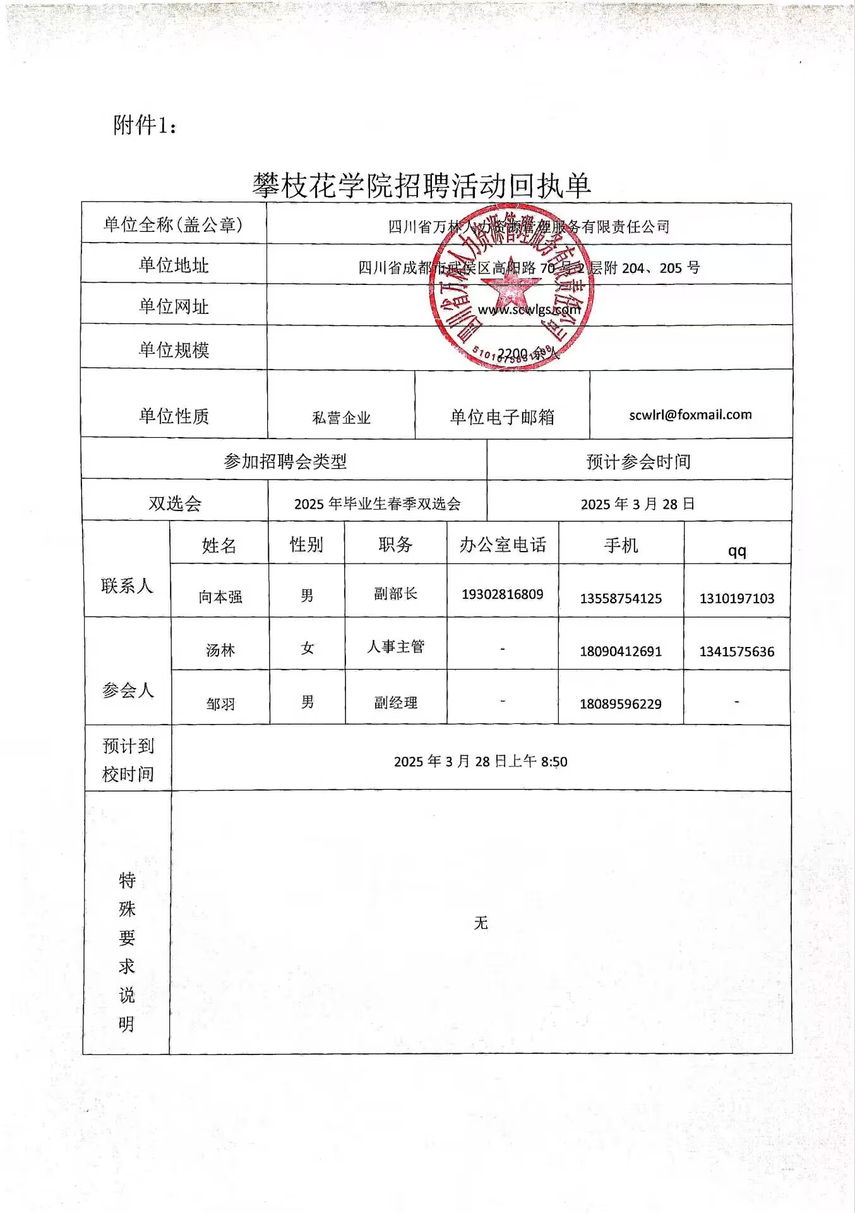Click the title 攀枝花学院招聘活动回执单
click(x=422, y=186)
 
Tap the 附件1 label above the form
click(x=145, y=125)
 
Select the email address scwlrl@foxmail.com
click(x=690, y=414)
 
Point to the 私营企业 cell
click(x=341, y=418)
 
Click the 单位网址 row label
click(x=174, y=306)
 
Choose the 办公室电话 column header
click(x=503, y=545)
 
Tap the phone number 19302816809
click(x=502, y=594)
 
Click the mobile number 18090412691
click(x=621, y=651)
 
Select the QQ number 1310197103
click(x=736, y=598)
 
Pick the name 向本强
click(x=220, y=596)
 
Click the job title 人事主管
click(x=396, y=646)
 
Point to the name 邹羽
click(x=220, y=703)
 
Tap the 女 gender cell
click(x=308, y=648)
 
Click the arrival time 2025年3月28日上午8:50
click(x=481, y=761)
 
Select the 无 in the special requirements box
click(x=481, y=923)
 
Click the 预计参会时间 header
click(x=638, y=462)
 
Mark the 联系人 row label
click(x=127, y=586)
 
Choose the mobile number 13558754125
click(x=621, y=598)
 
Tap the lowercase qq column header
click(x=737, y=551)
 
